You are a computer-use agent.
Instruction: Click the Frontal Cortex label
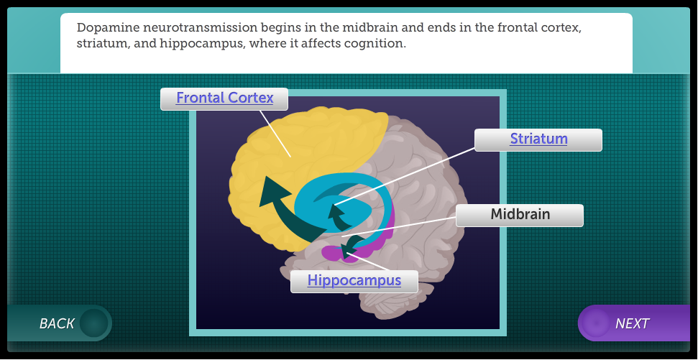(224, 98)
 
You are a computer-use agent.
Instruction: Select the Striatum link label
(538, 139)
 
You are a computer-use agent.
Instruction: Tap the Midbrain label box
(520, 216)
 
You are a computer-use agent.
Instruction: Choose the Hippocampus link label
(354, 281)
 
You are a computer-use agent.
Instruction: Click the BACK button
(59, 323)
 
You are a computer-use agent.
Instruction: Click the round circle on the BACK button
(94, 323)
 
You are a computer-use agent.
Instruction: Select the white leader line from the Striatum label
(404, 176)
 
